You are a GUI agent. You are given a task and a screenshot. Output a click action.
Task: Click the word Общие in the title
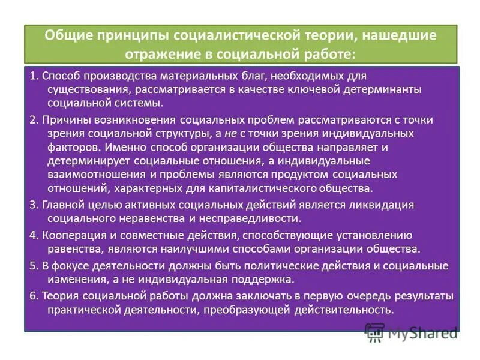click(x=67, y=35)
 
